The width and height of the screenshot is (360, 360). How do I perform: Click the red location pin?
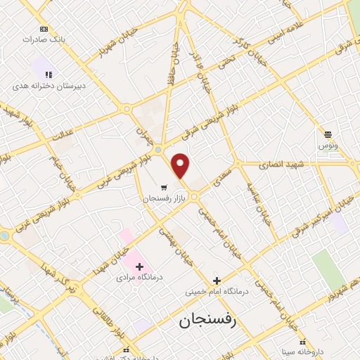pos(181,165)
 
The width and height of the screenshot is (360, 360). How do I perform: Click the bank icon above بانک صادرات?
pos(44,29)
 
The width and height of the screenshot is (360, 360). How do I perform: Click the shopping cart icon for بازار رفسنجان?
pos(164,187)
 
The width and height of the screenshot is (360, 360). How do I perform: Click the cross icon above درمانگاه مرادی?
pos(139,266)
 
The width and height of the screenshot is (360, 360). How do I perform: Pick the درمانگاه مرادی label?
pos(139,278)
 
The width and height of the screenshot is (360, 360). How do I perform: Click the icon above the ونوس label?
pos(328,134)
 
